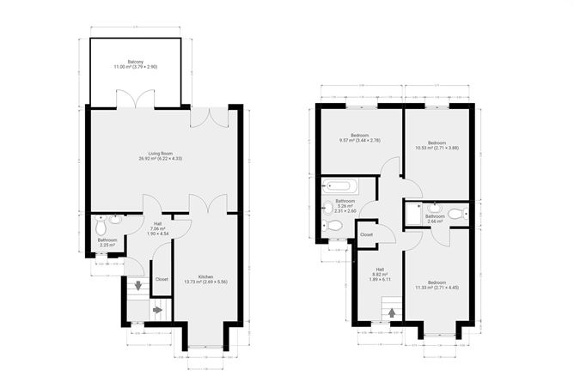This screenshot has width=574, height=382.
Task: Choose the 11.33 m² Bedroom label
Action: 437,284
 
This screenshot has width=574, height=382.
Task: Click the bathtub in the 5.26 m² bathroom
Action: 338,186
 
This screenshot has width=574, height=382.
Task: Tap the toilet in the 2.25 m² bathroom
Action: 101,229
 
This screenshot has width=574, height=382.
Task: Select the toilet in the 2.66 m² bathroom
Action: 436,208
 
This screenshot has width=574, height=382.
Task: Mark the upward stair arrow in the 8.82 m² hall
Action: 392,313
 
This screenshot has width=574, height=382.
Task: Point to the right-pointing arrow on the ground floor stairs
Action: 157,310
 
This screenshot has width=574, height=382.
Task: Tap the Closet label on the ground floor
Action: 161,279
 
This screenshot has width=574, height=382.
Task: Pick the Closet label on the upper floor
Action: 366,234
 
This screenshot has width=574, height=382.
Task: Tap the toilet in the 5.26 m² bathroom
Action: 335,226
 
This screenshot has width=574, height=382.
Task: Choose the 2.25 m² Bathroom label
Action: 107,243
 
